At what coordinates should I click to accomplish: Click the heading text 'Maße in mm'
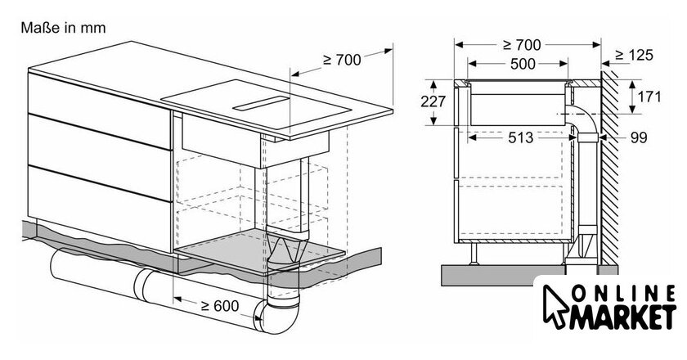(x=63, y=28)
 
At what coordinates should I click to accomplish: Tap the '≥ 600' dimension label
(x=220, y=306)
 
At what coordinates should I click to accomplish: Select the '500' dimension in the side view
(x=523, y=64)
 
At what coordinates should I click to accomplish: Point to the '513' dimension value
(x=520, y=137)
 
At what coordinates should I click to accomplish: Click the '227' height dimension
(x=433, y=101)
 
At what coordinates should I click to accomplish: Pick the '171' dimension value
(x=649, y=97)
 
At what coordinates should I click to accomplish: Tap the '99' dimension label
(x=639, y=137)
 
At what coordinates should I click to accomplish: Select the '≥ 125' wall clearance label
(x=634, y=55)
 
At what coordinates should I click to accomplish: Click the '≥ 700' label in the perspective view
(x=342, y=60)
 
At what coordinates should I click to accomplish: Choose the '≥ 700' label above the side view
(x=522, y=45)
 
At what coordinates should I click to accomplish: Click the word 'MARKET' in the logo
(x=622, y=316)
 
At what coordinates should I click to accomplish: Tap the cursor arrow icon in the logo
(x=555, y=306)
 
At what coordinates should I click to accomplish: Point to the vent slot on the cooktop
(x=261, y=103)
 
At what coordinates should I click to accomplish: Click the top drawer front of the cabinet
(x=100, y=110)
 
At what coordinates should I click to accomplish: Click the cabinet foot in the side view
(x=474, y=254)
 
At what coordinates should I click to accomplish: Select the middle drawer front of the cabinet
(x=100, y=158)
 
